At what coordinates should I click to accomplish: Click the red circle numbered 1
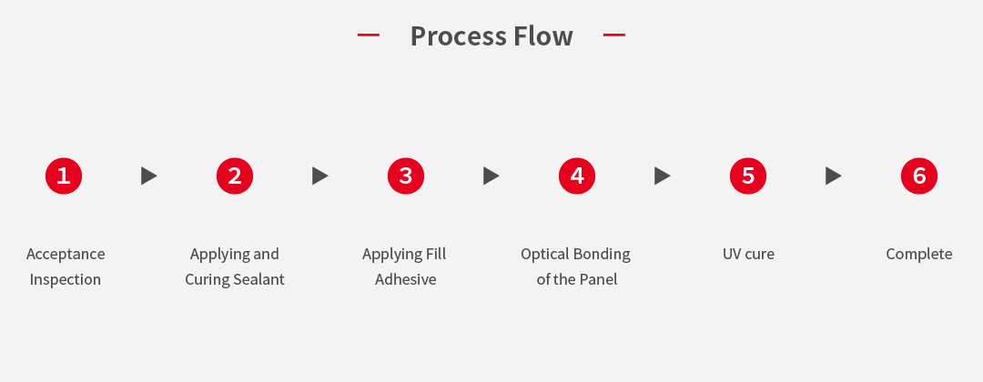tap(64, 176)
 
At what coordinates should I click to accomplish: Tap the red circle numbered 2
tap(235, 176)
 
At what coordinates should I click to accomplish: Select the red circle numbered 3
tap(406, 176)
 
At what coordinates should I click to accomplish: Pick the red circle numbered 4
tap(577, 176)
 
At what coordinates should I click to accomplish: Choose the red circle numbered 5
tap(748, 176)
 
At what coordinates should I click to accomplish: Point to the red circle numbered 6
tap(919, 176)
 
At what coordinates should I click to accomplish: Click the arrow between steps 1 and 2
tap(148, 176)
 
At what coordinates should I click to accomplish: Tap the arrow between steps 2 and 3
tap(319, 176)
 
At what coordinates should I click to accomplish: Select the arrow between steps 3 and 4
tap(491, 176)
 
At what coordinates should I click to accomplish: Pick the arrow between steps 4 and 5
tap(662, 176)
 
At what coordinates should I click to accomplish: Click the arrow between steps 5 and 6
tap(833, 176)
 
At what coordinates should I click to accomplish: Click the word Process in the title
tap(458, 36)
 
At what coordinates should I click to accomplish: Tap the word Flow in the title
tap(543, 36)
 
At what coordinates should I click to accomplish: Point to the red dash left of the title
tap(369, 35)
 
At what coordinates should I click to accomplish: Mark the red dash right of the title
tap(614, 35)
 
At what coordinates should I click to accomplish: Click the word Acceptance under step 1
tap(66, 255)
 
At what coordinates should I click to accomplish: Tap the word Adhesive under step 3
tap(406, 279)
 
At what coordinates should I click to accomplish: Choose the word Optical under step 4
tap(542, 255)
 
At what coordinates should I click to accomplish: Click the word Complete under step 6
tap(919, 255)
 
